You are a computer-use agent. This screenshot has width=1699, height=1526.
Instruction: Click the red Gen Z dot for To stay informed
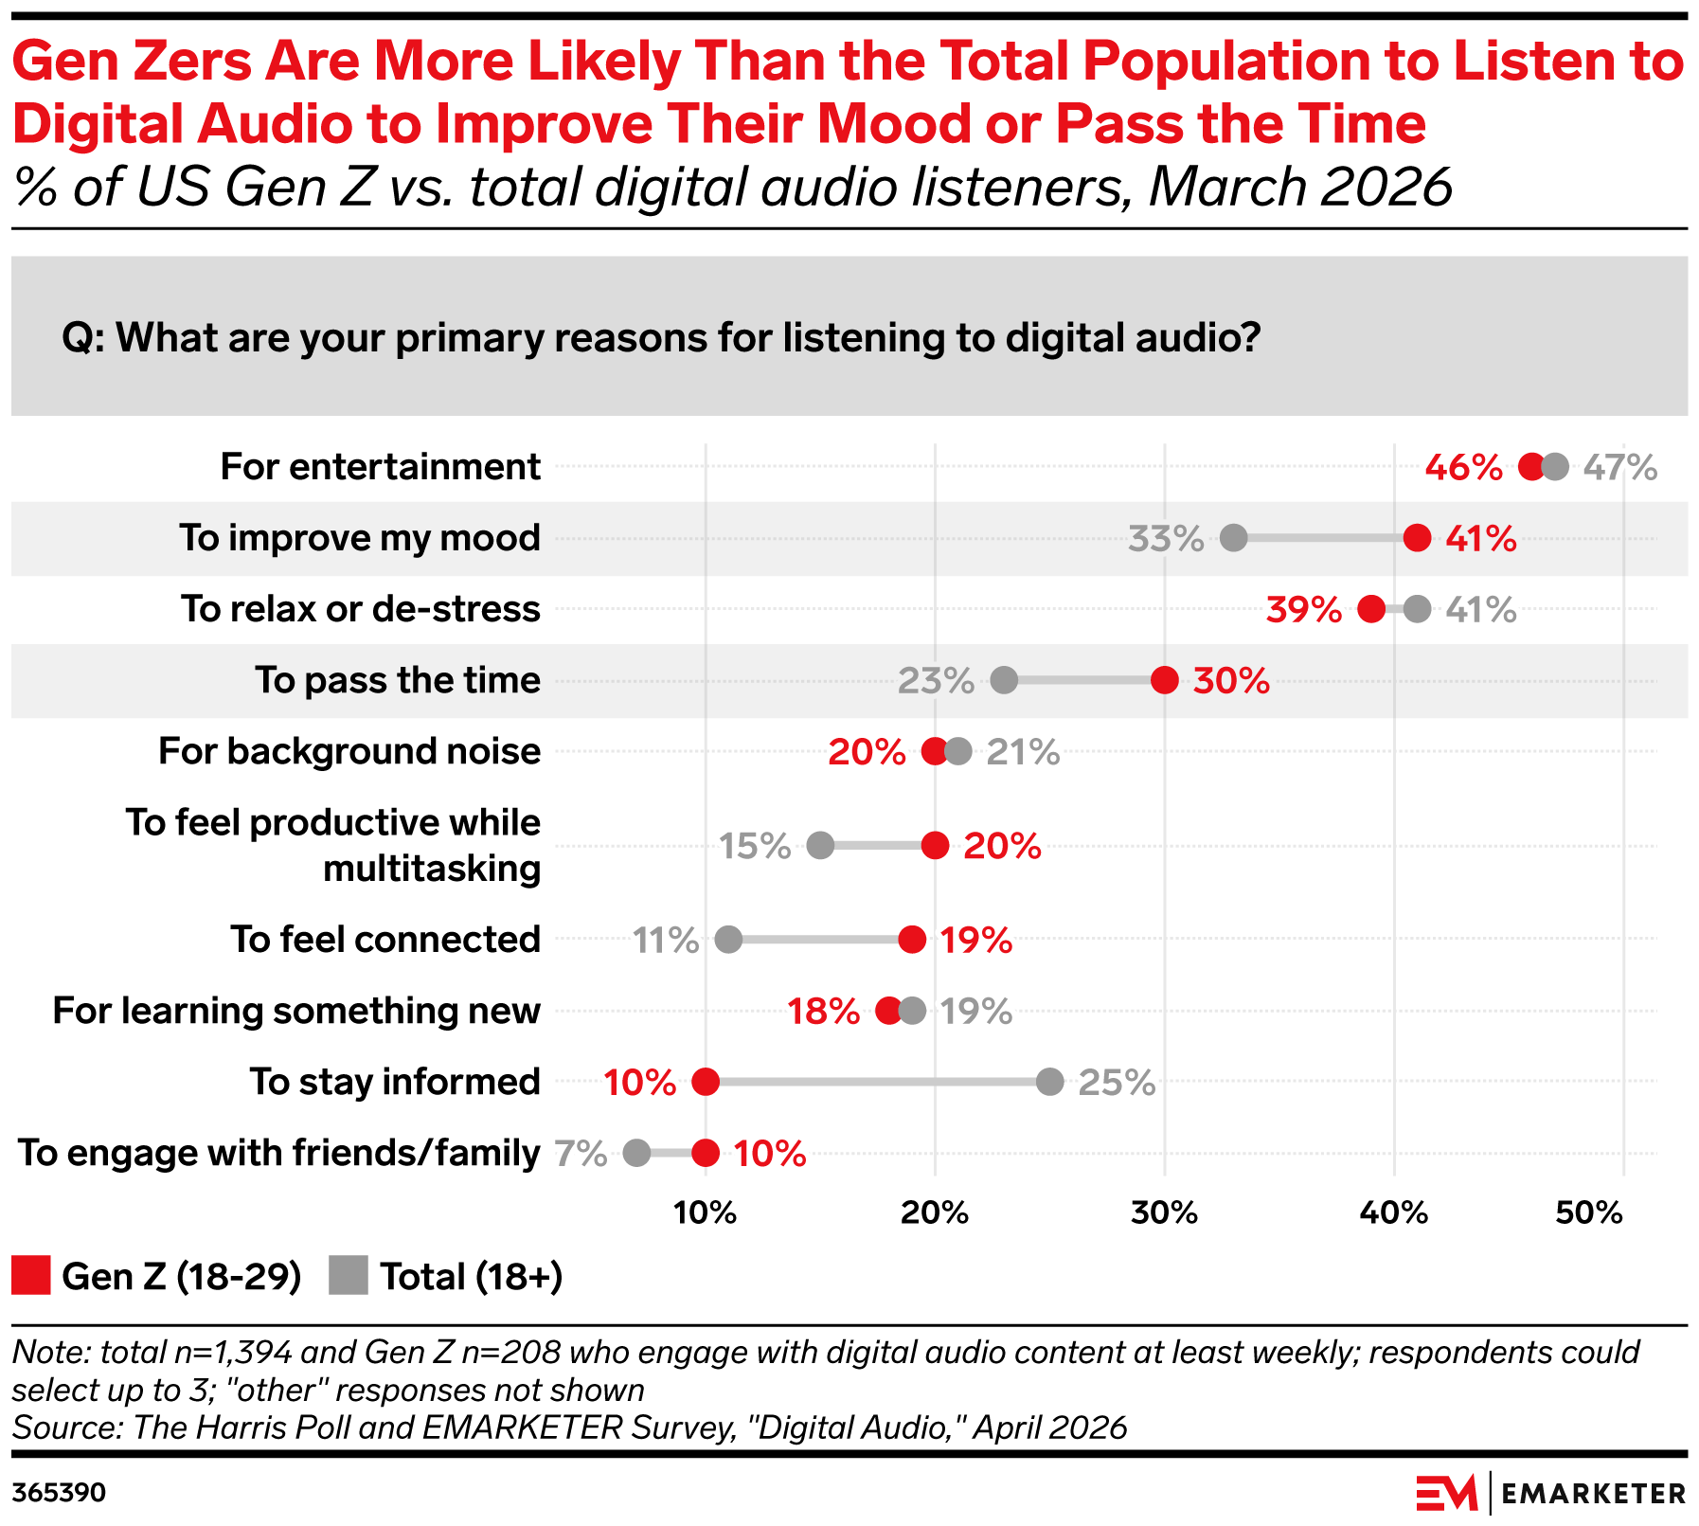coord(705,1082)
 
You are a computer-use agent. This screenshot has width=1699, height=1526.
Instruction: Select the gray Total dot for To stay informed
coord(1049,1082)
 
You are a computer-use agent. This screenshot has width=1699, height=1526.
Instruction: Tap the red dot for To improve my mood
coord(1417,538)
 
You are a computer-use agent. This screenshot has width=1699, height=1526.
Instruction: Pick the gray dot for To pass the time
coord(1004,680)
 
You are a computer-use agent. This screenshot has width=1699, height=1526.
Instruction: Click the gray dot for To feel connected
coord(728,940)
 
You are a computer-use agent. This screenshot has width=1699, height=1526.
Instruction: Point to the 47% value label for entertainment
coord(1620,467)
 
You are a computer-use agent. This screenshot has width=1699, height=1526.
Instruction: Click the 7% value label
coord(581,1153)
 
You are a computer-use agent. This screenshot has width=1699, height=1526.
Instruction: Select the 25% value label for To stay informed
coord(1117,1082)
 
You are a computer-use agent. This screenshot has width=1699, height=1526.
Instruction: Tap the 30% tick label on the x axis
coord(1164,1212)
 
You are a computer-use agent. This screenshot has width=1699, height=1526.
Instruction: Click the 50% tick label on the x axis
coord(1589,1212)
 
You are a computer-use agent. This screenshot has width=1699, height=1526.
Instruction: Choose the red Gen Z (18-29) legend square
coord(30,1275)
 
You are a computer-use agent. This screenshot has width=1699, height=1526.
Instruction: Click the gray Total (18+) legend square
coord(348,1275)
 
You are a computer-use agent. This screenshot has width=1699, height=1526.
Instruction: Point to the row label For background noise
coord(349,751)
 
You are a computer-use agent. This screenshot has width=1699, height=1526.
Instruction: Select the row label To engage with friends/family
coord(279,1153)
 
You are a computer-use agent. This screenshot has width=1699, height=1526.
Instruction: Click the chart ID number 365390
coord(59,1493)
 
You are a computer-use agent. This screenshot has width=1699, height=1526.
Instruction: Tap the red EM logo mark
coord(1447,1493)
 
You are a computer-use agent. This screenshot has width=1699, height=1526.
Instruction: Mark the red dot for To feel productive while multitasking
coord(935,846)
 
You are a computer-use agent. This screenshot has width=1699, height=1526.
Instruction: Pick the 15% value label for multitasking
coord(755,846)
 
